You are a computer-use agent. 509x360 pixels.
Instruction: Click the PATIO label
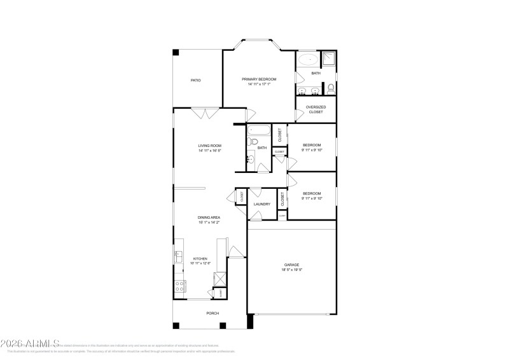tap(196, 80)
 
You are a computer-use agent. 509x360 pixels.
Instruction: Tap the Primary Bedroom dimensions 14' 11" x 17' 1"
tap(259, 84)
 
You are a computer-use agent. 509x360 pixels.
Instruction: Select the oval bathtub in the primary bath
tap(309, 60)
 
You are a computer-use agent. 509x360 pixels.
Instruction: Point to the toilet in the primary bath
tap(331, 88)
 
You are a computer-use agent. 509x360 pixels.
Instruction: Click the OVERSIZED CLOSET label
tap(316, 109)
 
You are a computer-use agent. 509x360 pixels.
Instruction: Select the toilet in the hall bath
tap(253, 141)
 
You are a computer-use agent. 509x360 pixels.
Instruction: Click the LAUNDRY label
tap(261, 204)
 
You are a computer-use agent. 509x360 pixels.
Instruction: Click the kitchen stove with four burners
tap(179, 286)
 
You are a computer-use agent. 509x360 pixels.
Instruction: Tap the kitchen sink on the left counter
tap(178, 256)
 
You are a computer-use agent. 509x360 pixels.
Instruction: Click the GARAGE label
tap(291, 265)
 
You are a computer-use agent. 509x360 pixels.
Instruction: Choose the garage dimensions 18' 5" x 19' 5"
tap(291, 270)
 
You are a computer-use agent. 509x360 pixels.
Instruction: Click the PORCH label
tap(212, 314)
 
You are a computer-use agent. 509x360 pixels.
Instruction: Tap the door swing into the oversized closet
tap(300, 115)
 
